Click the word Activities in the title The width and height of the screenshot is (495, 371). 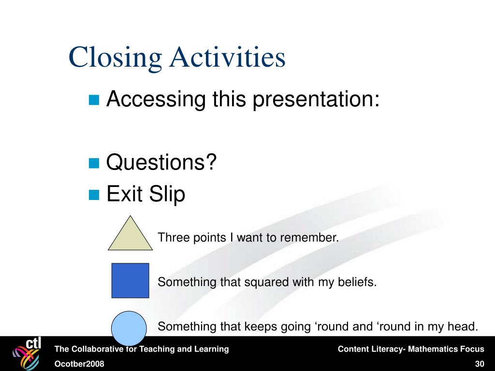click(227, 57)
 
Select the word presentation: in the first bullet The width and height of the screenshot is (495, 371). click(316, 100)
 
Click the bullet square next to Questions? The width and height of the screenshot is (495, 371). click(94, 163)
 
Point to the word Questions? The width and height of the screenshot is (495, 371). click(161, 162)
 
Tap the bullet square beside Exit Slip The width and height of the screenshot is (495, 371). click(94, 195)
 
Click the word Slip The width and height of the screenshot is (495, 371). click(167, 194)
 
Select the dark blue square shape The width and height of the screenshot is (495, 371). click(130, 281)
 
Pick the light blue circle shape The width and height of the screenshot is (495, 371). click(129, 328)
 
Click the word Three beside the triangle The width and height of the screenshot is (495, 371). click(174, 238)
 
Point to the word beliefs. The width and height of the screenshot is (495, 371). click(357, 282)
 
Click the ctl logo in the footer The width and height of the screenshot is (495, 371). click(27, 353)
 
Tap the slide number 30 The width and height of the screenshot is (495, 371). click(480, 364)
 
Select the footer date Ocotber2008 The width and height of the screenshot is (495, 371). click(79, 364)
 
